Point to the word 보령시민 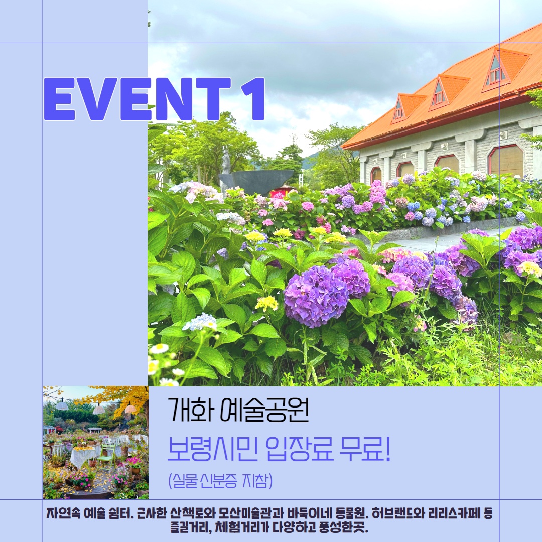[212, 449]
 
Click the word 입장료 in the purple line [300, 449]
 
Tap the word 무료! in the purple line [365, 449]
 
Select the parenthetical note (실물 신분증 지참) [220, 480]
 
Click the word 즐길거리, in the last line [191, 527]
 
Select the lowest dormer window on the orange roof [398, 109]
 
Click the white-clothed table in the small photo [82, 456]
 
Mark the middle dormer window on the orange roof [438, 93]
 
